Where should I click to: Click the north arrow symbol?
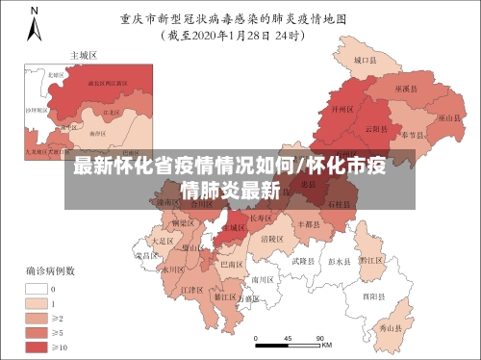tap(35, 20)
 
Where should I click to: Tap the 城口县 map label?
tap(364, 60)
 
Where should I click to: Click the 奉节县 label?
tap(414, 134)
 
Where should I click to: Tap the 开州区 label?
tap(342, 111)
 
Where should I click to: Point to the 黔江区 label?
tap(371, 260)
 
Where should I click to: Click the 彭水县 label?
tap(340, 261)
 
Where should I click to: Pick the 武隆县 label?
tap(303, 260)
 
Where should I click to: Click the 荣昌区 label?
tap(145, 255)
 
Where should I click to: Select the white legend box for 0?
tap(38, 288)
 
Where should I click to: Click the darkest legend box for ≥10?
tap(38, 346)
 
